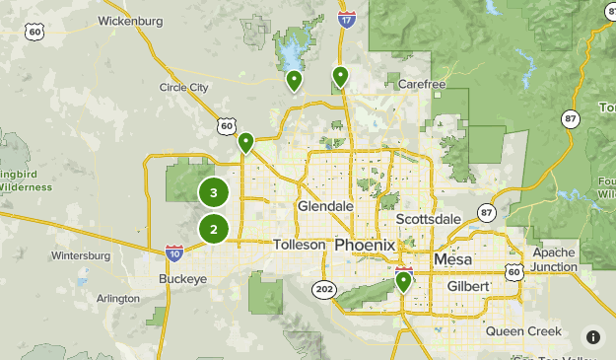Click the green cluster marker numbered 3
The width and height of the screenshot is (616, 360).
[x=213, y=192]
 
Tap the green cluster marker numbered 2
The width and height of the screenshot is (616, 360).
[x=213, y=230]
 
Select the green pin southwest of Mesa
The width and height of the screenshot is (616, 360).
[x=403, y=283]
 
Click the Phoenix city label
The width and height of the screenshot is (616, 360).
[x=365, y=245]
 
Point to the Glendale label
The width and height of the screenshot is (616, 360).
[x=325, y=206]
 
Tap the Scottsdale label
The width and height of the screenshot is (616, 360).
[x=429, y=219]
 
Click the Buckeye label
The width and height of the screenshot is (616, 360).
[x=182, y=279]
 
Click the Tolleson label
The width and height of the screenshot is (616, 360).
[x=299, y=245]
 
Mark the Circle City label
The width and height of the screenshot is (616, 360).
[x=184, y=87]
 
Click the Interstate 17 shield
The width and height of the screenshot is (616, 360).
[x=346, y=18]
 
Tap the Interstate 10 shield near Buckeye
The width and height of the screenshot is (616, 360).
[x=173, y=253]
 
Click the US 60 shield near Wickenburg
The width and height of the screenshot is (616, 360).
[x=35, y=33]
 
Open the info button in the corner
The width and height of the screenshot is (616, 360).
[x=593, y=337]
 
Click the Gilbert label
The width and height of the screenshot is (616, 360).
[x=466, y=286]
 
